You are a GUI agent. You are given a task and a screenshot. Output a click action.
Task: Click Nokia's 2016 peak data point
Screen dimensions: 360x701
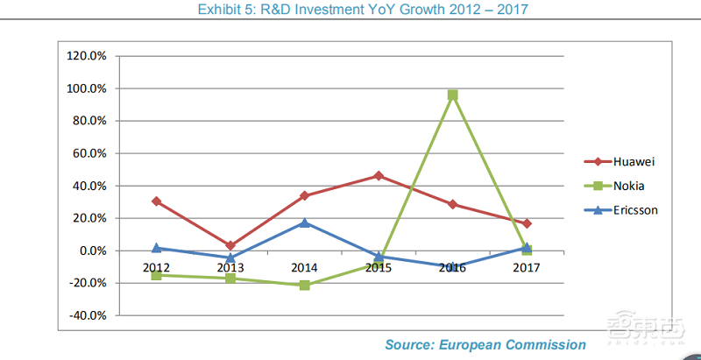453,95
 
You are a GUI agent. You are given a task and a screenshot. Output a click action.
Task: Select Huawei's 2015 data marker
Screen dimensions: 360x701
379,175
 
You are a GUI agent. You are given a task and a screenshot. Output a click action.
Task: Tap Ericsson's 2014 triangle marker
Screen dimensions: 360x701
305,222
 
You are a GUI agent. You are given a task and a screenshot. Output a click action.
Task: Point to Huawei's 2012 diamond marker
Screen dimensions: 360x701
157,201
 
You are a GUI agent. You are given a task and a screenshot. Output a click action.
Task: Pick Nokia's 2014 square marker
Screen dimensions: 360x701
305,286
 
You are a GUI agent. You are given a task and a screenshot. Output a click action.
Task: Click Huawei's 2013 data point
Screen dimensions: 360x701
230,246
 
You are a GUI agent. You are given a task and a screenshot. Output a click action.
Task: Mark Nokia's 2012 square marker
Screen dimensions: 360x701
157,275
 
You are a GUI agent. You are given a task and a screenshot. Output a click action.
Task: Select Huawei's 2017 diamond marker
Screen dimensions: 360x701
527,223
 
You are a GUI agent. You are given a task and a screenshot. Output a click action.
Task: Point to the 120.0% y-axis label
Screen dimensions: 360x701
86,56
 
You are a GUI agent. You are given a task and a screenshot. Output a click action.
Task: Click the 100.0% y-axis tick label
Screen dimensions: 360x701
86,88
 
